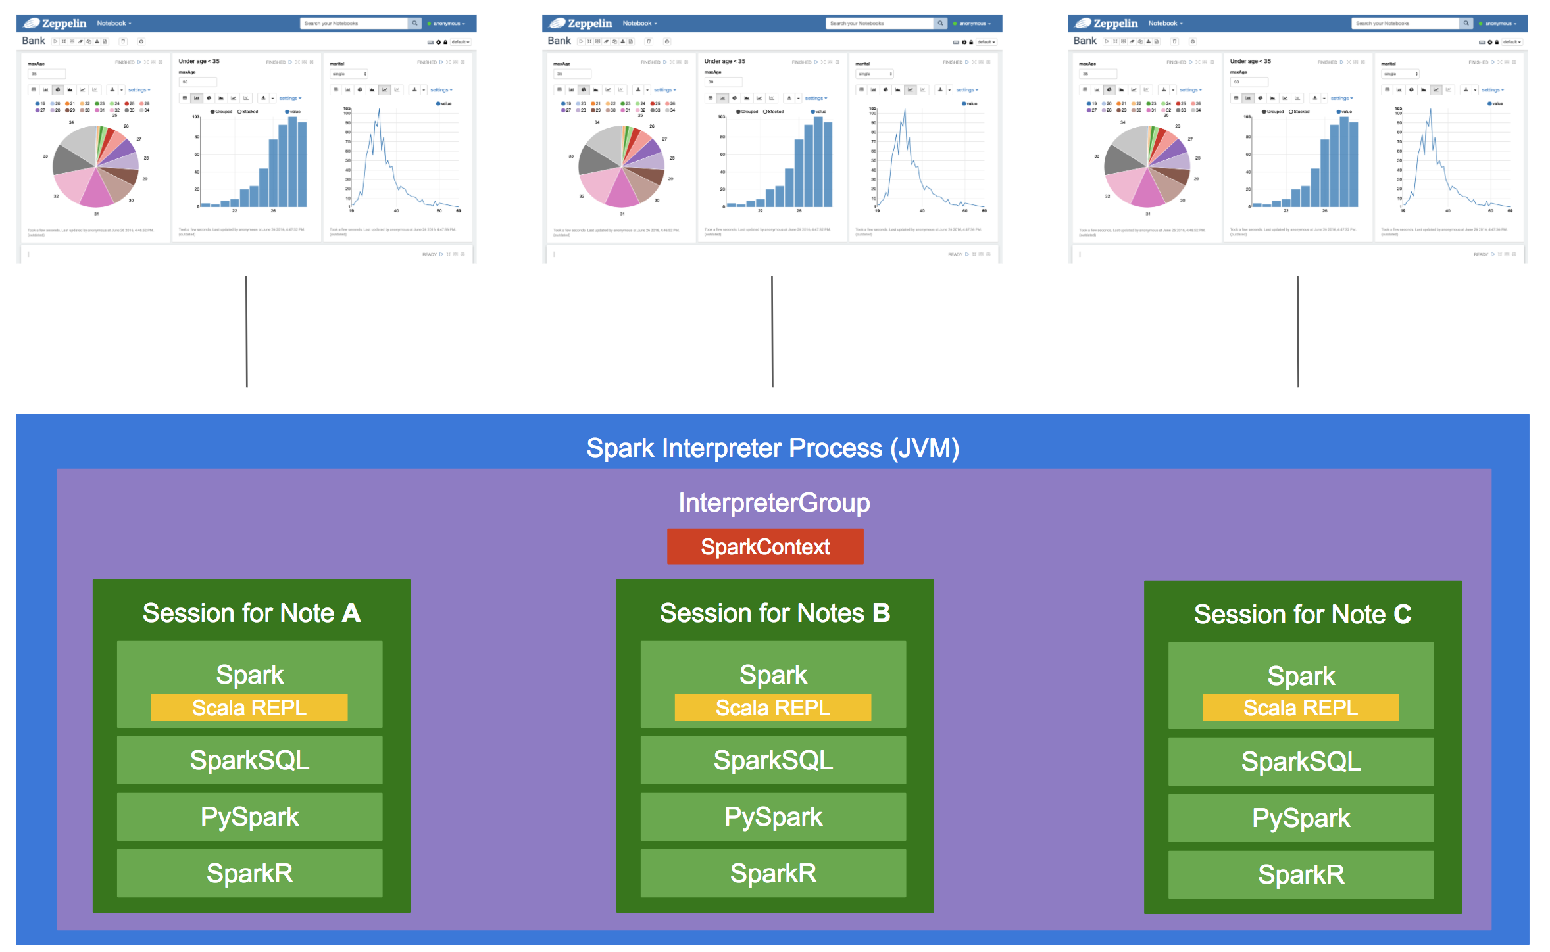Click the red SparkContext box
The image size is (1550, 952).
(x=764, y=546)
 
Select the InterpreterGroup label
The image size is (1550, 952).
(x=774, y=502)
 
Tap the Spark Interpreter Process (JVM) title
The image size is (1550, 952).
(x=772, y=448)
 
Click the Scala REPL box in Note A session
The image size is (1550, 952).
(x=249, y=707)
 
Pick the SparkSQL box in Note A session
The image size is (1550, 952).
(x=249, y=760)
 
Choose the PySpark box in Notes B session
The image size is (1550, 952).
(x=773, y=817)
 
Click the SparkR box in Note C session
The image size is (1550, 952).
(x=1301, y=874)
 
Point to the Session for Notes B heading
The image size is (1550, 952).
(x=774, y=613)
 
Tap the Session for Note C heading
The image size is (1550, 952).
(x=1302, y=614)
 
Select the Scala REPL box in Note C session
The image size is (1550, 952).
(x=1300, y=707)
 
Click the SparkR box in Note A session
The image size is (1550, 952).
(x=249, y=873)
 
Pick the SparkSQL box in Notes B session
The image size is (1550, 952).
(x=773, y=760)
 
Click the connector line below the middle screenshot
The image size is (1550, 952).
(x=772, y=332)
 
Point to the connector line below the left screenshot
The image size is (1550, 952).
(x=246, y=332)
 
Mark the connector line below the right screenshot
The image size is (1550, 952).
(x=1297, y=332)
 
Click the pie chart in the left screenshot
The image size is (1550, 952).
(x=96, y=166)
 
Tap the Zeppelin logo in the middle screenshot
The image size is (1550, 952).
(x=582, y=23)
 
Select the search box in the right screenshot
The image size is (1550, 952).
(x=1405, y=23)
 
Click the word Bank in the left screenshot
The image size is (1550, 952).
(x=34, y=41)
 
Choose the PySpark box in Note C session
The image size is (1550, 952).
(x=1301, y=818)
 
